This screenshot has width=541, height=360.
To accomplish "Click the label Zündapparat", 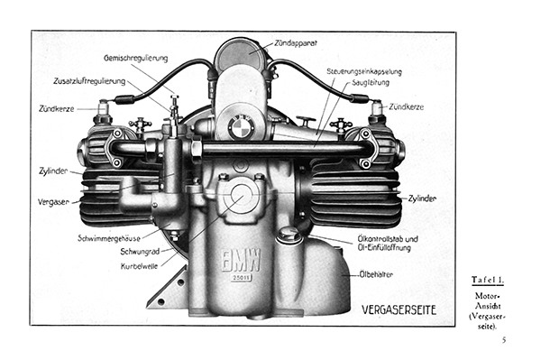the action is (296, 43).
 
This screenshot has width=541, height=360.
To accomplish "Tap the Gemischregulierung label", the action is (135, 58).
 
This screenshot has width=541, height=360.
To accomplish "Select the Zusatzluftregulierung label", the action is (89, 81).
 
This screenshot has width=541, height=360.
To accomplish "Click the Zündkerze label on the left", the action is (56, 109).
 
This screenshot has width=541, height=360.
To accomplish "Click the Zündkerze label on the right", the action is (406, 107).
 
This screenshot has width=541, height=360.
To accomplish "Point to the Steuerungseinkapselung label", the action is (364, 72).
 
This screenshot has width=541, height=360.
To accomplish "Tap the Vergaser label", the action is (53, 202).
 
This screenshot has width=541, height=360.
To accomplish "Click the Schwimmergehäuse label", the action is (109, 238).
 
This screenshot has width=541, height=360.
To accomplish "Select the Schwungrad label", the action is (140, 252).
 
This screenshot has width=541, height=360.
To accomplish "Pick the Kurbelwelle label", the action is (140, 266).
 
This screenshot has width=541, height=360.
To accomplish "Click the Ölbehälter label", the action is (376, 275).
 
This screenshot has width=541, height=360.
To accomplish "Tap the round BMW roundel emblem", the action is (241, 127).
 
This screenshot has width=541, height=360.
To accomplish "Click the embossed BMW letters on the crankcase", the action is (241, 260).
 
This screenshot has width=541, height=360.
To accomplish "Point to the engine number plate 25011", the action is (241, 278).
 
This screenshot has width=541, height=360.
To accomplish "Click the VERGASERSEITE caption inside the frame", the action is (399, 309).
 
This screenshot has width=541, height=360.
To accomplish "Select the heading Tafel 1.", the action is (488, 280).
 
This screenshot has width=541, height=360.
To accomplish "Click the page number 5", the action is (504, 340).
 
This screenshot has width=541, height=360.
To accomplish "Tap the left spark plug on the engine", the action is (104, 111).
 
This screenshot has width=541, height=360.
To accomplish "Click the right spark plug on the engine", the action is (377, 111).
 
